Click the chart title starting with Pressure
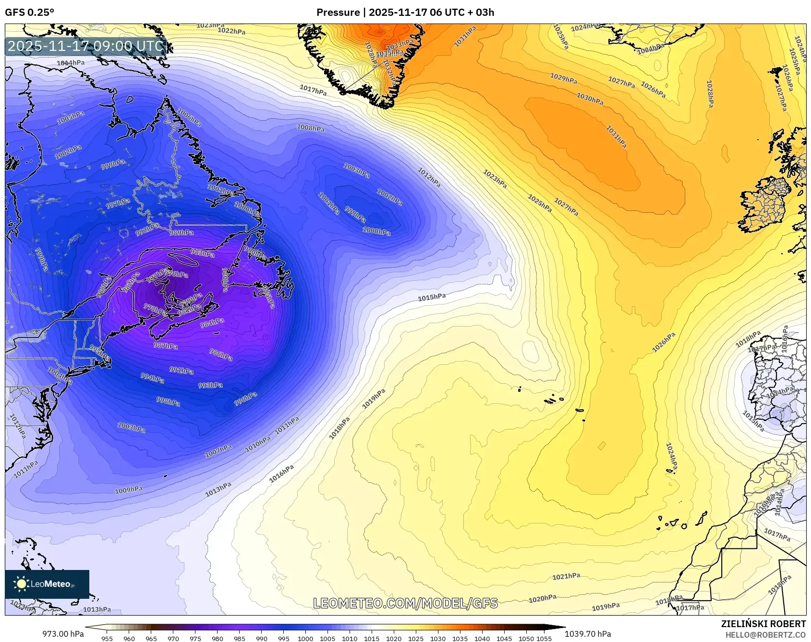(405, 12)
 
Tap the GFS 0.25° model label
(30, 12)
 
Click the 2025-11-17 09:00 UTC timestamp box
(85, 47)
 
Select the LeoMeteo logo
(47, 584)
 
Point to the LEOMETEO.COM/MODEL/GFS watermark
(405, 603)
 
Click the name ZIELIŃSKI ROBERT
(763, 624)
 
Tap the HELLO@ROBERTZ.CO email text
(765, 635)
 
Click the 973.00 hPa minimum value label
(63, 634)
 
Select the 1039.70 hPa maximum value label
(588, 634)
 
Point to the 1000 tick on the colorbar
(305, 639)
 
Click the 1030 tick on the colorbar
(437, 639)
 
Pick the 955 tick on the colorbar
(107, 639)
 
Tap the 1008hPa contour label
(311, 128)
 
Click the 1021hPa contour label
(566, 576)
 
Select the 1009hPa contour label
(129, 490)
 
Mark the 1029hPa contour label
(563, 78)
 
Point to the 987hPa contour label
(166, 346)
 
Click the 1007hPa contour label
(218, 450)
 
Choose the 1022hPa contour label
(231, 31)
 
